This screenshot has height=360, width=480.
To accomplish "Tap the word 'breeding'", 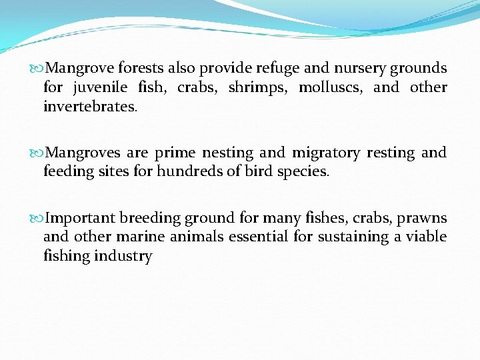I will pos(151,218).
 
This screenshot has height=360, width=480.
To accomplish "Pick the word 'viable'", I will pos(425,237).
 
